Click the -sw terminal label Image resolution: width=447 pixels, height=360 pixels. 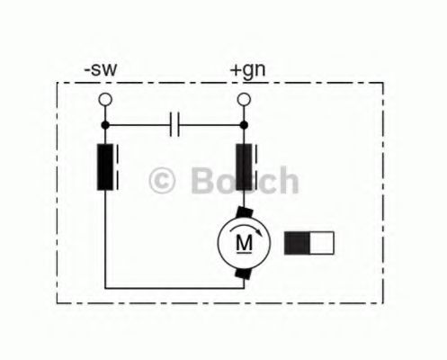[x=100, y=69]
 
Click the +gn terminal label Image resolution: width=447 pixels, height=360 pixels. [x=248, y=70]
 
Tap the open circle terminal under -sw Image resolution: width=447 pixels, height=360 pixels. [x=105, y=99]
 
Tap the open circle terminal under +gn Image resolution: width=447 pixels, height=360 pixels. [x=244, y=99]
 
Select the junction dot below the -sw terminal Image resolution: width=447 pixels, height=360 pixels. [x=105, y=125]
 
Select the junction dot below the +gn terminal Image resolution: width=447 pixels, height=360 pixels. [x=244, y=125]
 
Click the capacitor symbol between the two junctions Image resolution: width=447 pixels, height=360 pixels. [x=174, y=125]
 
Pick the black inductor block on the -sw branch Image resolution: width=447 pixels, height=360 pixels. [x=105, y=166]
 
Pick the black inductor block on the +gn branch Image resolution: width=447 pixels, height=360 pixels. [x=244, y=166]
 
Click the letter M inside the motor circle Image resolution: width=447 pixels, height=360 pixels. [x=244, y=243]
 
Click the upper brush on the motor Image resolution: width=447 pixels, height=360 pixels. [x=245, y=212]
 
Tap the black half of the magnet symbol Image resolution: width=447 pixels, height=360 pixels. [x=297, y=243]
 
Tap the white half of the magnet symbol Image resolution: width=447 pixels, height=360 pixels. [x=322, y=243]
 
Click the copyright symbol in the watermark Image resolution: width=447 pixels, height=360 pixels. [x=162, y=180]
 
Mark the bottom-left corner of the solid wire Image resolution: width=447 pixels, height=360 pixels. [x=105, y=288]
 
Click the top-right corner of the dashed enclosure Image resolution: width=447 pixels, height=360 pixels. [x=383, y=83]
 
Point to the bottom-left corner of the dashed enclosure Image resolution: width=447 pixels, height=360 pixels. [x=58, y=303]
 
